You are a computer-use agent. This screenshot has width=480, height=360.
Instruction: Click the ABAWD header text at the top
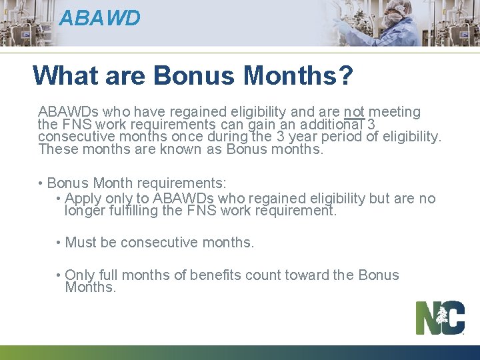99,18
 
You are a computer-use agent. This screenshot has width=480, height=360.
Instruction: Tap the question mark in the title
345,75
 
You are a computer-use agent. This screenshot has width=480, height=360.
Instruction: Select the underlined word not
354,112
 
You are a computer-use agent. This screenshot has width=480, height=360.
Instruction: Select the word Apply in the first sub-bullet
83,199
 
